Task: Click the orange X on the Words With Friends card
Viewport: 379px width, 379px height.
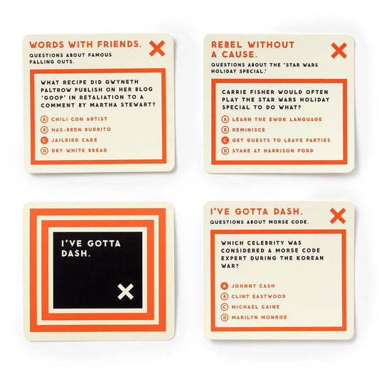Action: pyautogui.click(x=157, y=48)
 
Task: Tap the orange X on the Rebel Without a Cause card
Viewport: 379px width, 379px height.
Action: pyautogui.click(x=339, y=50)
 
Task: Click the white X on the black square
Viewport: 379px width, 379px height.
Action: pyautogui.click(x=125, y=292)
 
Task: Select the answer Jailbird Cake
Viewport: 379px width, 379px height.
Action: pyautogui.click(x=74, y=140)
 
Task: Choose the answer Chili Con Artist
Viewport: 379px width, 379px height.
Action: pyautogui.click(x=79, y=119)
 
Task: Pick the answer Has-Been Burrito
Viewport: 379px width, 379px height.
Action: pyautogui.click(x=81, y=129)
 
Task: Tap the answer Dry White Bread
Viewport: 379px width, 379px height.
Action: pyautogui.click(x=79, y=150)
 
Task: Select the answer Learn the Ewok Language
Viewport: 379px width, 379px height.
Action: pyautogui.click(x=277, y=119)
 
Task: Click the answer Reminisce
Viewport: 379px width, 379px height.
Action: pyautogui.click(x=248, y=130)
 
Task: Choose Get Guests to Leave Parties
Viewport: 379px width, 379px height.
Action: pyautogui.click(x=281, y=140)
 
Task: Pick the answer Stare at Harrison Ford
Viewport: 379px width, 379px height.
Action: pyautogui.click(x=272, y=151)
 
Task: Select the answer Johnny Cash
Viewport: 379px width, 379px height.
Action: pyautogui.click(x=253, y=286)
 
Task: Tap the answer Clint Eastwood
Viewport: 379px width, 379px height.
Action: pyautogui.click(x=258, y=297)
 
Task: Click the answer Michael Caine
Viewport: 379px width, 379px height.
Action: pyautogui.click(x=255, y=306)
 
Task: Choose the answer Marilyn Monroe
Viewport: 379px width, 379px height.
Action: pyautogui.click(x=259, y=317)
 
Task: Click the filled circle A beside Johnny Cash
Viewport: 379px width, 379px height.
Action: pyautogui.click(x=224, y=286)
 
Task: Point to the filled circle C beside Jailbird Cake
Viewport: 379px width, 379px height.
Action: pyautogui.click(x=44, y=140)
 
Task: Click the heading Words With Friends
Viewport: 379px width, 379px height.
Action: pyautogui.click(x=85, y=45)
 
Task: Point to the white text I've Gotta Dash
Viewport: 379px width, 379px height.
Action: pyautogui.click(x=90, y=248)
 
